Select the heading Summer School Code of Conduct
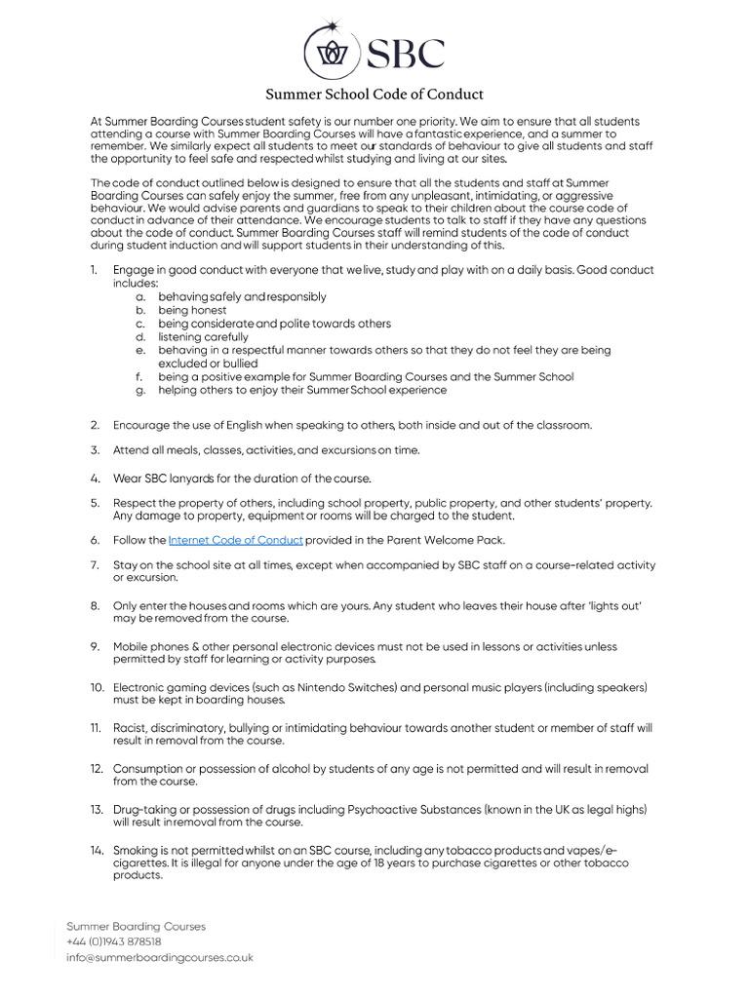point(375,95)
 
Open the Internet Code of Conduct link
point(235,540)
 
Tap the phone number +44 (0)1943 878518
point(113,941)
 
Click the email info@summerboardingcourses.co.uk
point(159,957)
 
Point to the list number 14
point(98,851)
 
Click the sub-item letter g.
point(140,390)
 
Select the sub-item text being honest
point(192,310)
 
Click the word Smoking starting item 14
point(136,851)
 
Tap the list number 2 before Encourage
point(96,425)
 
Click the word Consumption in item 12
point(151,769)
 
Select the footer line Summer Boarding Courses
point(136,926)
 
